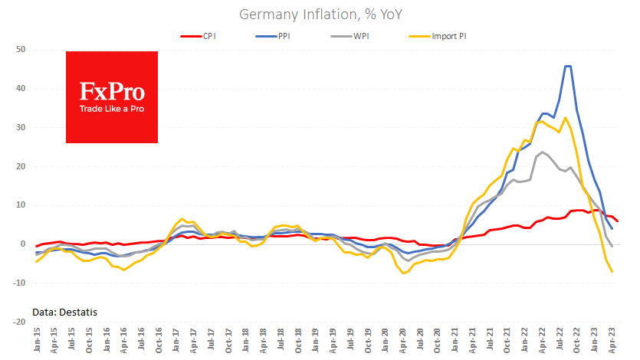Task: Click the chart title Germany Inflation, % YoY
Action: [x=320, y=15]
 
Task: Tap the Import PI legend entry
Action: [x=449, y=35]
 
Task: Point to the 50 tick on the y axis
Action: [x=21, y=49]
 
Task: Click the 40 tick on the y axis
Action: [x=21, y=88]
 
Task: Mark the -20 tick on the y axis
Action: [x=19, y=322]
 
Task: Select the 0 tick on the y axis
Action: [x=23, y=244]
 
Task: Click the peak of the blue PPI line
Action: [x=568, y=66]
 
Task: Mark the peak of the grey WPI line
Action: [x=543, y=152]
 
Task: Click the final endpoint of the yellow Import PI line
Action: [x=612, y=272]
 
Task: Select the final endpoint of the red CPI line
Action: [x=619, y=221]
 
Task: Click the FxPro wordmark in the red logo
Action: [x=112, y=93]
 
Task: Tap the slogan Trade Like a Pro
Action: [x=112, y=109]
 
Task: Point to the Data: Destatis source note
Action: [x=64, y=311]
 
